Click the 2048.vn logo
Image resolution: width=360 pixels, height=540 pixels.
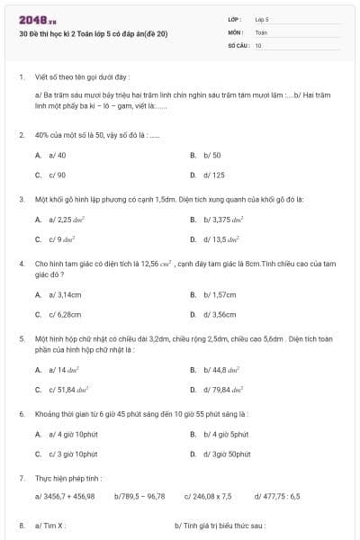point(37,19)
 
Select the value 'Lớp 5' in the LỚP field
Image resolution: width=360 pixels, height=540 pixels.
point(262,18)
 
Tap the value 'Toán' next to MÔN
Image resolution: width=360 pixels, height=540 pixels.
point(261,31)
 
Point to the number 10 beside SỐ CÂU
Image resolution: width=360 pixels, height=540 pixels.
point(258,44)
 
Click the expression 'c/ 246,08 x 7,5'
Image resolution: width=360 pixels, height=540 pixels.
point(208,495)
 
